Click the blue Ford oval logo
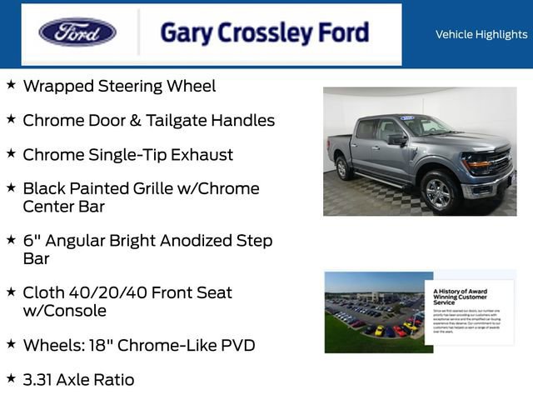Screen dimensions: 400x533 tap(77, 32)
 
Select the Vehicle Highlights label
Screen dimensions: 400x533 tap(481, 34)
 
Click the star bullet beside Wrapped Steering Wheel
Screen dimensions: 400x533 tap(11, 85)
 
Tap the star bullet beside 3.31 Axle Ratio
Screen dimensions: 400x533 tap(11, 378)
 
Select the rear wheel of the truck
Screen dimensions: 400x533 tap(342, 167)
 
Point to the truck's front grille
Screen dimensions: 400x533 tap(501, 161)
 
